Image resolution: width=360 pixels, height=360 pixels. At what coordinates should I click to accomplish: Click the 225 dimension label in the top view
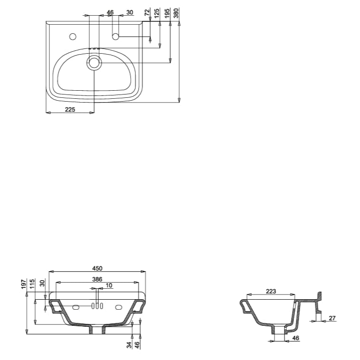point(70,109)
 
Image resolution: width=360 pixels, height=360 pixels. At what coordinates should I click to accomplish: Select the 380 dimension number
point(176,13)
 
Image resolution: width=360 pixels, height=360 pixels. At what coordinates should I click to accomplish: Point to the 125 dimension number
point(157,13)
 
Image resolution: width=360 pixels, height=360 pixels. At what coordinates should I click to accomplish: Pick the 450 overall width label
point(97,268)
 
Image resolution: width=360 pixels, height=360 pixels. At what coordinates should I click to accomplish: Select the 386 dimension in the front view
point(97,279)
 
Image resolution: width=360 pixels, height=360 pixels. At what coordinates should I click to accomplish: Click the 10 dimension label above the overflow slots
point(109,285)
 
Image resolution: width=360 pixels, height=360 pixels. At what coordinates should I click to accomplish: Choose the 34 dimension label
point(129,345)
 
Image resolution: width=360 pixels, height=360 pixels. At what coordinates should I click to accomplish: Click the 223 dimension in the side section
point(271,292)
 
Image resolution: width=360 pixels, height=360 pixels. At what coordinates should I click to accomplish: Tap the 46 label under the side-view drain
point(296,338)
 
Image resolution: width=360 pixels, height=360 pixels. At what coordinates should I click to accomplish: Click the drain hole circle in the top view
point(94,62)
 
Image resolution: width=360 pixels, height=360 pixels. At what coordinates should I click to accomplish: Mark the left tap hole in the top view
point(73,36)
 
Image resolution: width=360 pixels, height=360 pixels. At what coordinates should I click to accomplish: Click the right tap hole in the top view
point(115,36)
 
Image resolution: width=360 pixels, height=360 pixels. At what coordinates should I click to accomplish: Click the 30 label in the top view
point(130,12)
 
